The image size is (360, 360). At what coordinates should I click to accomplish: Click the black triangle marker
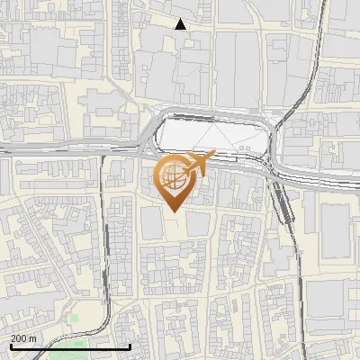tap(181, 24)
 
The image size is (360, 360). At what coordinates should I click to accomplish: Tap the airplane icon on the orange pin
tap(197, 163)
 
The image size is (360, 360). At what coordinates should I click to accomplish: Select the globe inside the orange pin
tap(173, 178)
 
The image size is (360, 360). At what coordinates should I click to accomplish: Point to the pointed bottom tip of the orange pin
tap(173, 211)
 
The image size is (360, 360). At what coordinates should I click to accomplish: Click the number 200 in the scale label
tap(19, 337)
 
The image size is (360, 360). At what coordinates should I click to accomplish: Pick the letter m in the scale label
tap(33, 337)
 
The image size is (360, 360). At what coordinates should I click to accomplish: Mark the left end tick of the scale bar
tap(10, 346)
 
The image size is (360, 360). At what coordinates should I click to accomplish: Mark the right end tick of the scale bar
tap(130, 346)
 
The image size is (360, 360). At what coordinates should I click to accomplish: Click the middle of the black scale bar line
tap(70, 346)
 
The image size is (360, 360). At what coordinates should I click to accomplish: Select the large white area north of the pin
tap(211, 135)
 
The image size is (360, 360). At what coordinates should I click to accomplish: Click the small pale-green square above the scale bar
tap(75, 317)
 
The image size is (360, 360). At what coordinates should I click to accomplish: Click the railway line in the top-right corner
tap(319, 36)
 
